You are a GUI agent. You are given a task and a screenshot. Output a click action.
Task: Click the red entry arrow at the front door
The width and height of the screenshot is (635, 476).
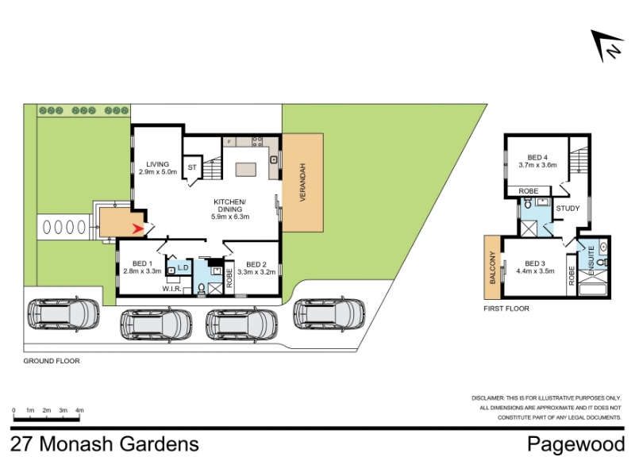coord(138,229)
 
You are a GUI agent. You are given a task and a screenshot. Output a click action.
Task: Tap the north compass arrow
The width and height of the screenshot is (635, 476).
coord(603,44)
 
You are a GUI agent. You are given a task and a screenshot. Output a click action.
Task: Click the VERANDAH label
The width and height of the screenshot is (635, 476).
coord(302,182)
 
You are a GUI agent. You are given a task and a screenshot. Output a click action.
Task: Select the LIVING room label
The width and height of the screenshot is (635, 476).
coord(157,164)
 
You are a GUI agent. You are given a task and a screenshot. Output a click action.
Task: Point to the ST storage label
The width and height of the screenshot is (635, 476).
coord(192,167)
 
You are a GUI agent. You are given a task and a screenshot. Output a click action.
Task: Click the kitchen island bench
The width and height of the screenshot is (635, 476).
coord(246,169)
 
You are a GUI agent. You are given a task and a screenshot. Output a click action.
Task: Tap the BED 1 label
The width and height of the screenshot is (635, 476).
coord(142,263)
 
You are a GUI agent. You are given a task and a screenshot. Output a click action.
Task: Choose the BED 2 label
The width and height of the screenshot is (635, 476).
coord(256,264)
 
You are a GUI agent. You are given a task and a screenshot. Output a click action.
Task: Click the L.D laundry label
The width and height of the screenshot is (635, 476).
coord(183,267)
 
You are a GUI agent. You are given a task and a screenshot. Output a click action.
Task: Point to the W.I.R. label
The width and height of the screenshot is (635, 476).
coord(171,289)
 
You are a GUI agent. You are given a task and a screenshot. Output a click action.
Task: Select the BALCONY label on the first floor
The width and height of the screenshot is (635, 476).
coord(492,267)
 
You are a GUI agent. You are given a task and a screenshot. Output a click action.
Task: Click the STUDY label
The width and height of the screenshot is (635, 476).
coord(568,209)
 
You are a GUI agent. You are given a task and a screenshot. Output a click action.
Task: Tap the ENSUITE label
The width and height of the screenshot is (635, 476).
coord(591,260)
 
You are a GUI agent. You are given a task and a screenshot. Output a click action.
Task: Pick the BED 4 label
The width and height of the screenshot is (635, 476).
coord(537,157)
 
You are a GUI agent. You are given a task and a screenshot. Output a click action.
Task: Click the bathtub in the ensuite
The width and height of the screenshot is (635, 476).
coord(593,290)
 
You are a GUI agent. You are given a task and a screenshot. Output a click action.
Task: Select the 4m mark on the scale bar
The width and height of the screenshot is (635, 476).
coord(79,410)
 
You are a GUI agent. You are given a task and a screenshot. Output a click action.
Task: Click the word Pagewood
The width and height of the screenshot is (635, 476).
coord(576,444)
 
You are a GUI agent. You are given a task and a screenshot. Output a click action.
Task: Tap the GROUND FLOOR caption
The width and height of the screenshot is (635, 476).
coord(52,361)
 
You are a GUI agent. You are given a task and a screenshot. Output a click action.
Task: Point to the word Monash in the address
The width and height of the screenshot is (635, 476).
coord(75,444)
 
